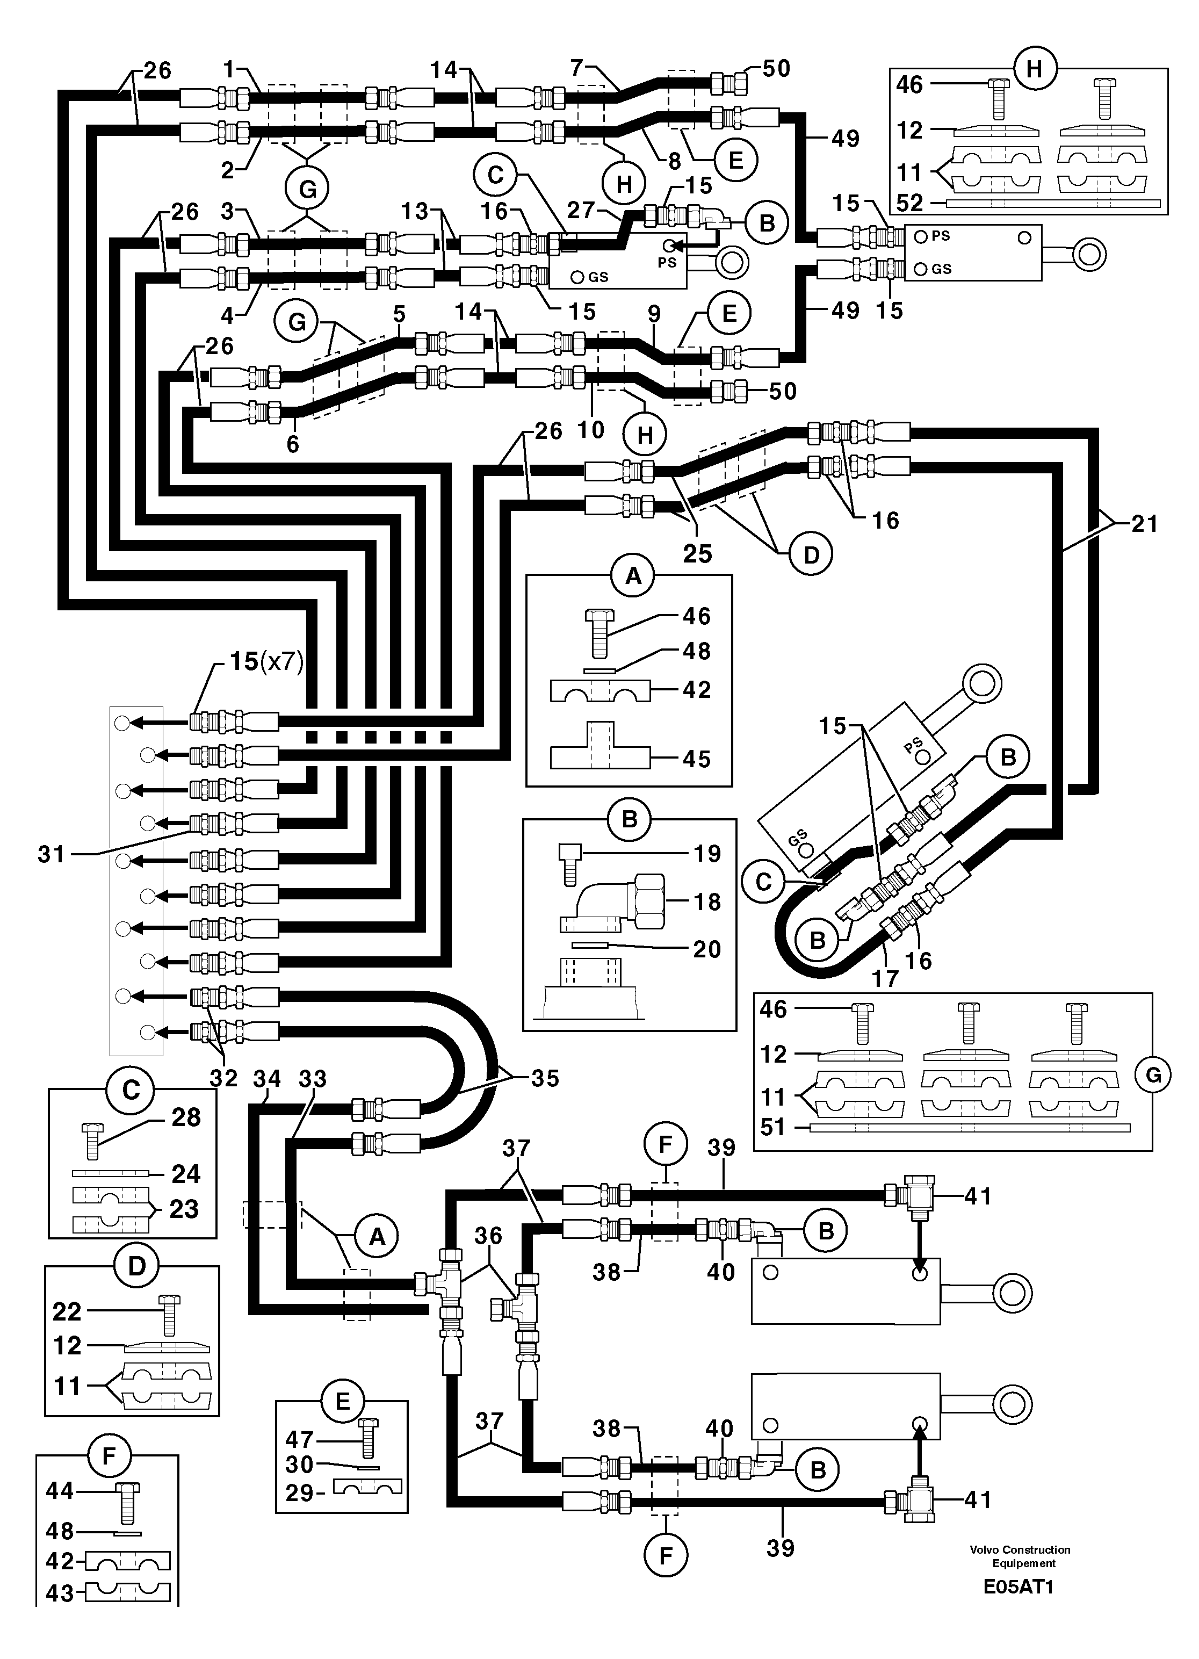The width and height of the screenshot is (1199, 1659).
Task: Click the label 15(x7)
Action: (266, 661)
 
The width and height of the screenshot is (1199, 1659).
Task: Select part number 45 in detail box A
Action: (696, 759)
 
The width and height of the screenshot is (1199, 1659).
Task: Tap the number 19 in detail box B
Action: (707, 853)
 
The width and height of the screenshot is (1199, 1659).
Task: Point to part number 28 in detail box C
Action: (185, 1117)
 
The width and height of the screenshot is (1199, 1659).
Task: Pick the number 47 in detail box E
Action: (299, 1440)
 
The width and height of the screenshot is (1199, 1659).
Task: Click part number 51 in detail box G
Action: (772, 1127)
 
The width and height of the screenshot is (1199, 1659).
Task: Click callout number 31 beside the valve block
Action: (51, 854)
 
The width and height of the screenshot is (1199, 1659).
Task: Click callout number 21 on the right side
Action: (1144, 524)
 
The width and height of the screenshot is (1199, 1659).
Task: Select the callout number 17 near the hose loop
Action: (885, 978)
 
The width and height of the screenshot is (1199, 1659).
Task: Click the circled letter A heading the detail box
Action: (633, 576)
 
